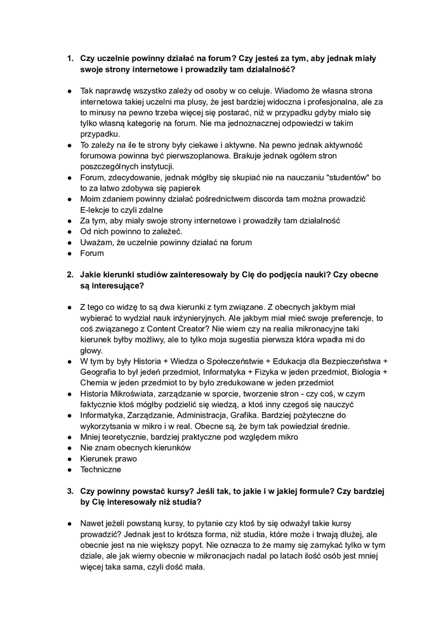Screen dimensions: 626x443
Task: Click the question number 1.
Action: (70, 58)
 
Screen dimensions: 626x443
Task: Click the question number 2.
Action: (70, 274)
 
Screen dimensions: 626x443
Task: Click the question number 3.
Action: (70, 491)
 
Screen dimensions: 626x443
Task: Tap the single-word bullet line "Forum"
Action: (92, 253)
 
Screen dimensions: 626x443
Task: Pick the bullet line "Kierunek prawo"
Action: (108, 458)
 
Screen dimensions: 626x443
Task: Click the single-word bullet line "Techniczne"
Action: (101, 469)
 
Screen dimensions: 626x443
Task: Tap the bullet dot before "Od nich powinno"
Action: (70, 231)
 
